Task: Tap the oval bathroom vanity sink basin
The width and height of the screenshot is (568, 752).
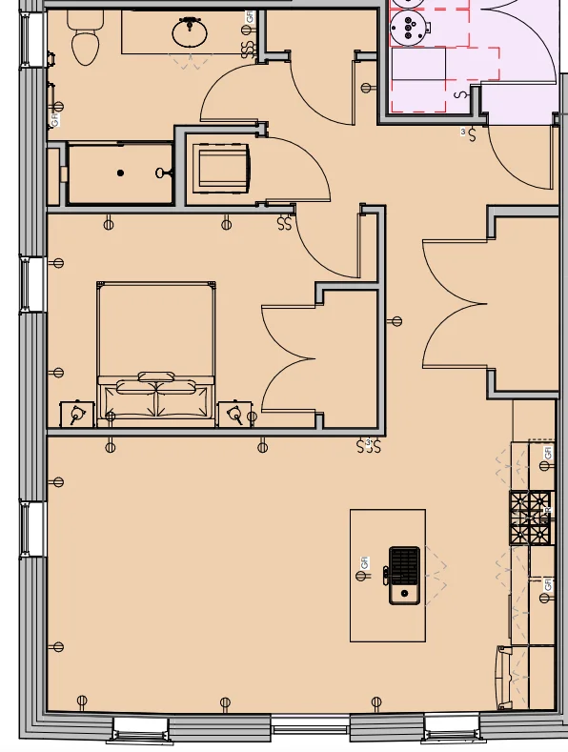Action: point(190,33)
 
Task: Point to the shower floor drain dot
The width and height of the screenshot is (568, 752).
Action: point(120,173)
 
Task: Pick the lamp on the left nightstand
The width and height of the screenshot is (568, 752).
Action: point(76,414)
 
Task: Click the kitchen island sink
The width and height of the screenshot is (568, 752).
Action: point(404,575)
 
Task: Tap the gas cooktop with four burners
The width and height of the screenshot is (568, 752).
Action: point(531,518)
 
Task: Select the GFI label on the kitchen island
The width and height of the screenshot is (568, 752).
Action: point(364,563)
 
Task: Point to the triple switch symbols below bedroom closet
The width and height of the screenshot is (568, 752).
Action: point(368,445)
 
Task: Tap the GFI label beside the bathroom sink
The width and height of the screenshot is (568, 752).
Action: point(250,16)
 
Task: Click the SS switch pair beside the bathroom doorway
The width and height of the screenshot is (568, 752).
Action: point(249,47)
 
